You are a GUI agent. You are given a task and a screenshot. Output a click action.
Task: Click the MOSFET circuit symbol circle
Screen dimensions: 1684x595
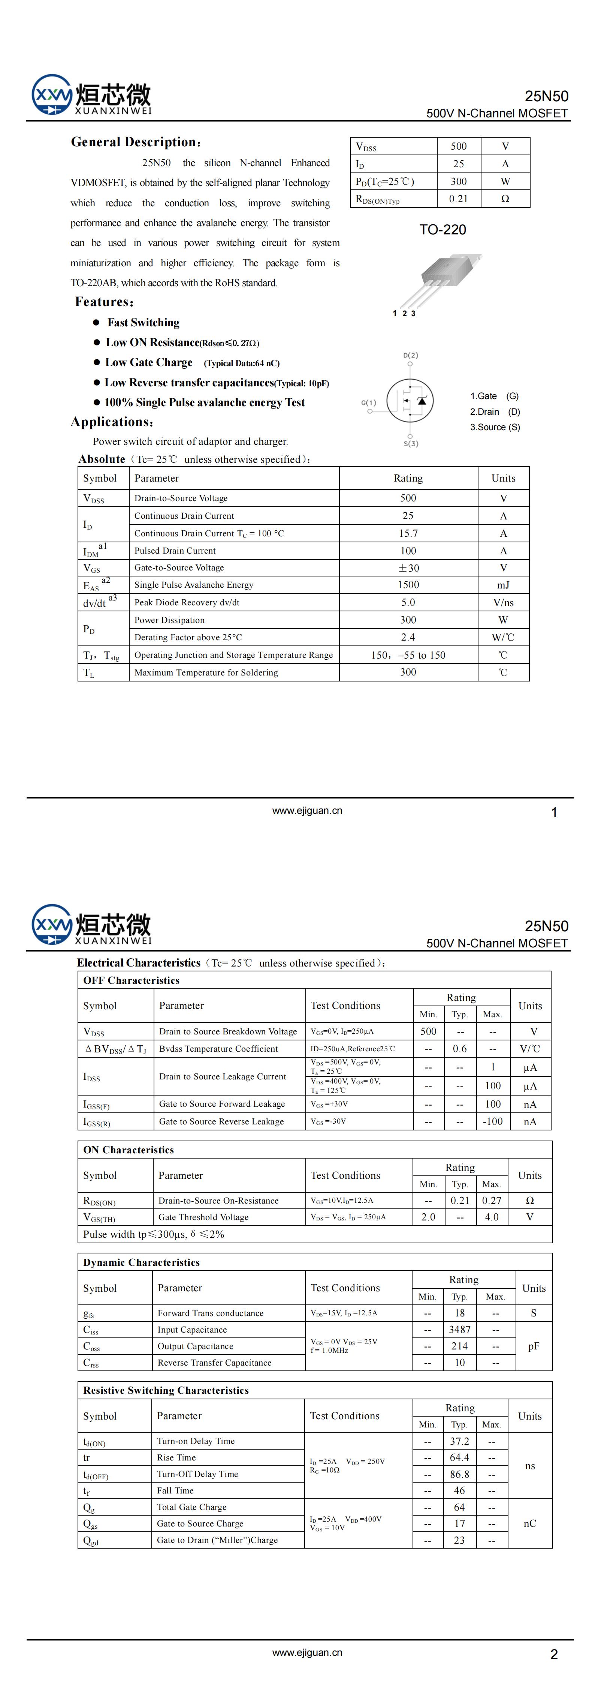410,401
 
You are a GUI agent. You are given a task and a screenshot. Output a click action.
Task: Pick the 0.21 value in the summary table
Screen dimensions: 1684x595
459,199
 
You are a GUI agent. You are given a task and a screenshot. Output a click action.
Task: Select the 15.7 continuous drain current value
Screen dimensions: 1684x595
408,533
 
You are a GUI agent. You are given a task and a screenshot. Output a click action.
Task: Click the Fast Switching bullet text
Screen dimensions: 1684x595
143,322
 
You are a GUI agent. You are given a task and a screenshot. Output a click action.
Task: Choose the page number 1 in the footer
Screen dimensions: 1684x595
554,813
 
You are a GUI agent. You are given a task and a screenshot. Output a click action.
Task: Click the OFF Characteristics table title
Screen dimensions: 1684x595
131,980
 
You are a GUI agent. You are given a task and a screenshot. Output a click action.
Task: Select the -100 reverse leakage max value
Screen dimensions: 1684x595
492,1121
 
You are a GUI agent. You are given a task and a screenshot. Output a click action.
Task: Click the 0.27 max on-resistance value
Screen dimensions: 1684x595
492,1200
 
